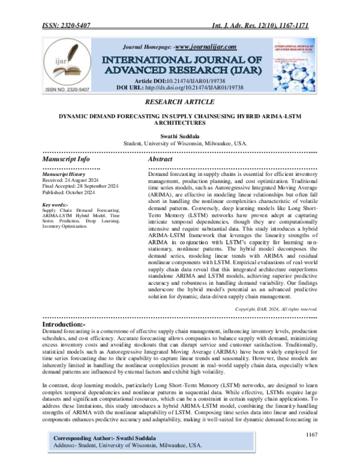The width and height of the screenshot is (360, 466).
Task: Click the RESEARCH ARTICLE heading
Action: click(179, 103)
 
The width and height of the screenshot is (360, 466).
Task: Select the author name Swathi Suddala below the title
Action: click(179, 137)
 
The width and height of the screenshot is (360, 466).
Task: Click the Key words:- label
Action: click(55, 205)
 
